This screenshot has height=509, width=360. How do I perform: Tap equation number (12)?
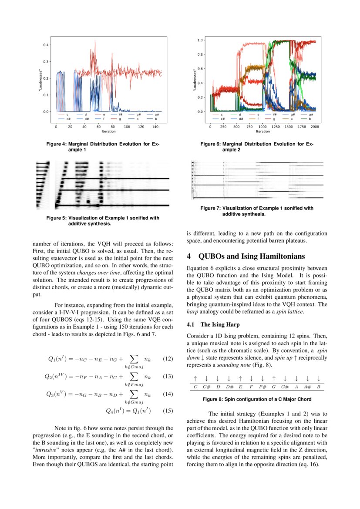coord(168,359)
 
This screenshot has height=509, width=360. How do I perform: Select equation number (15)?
coord(168,411)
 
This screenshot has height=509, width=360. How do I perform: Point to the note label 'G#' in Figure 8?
coord(285,387)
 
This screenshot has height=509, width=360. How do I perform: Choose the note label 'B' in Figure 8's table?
coord(319,387)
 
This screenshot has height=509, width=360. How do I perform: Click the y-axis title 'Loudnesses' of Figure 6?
coord(194,79)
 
